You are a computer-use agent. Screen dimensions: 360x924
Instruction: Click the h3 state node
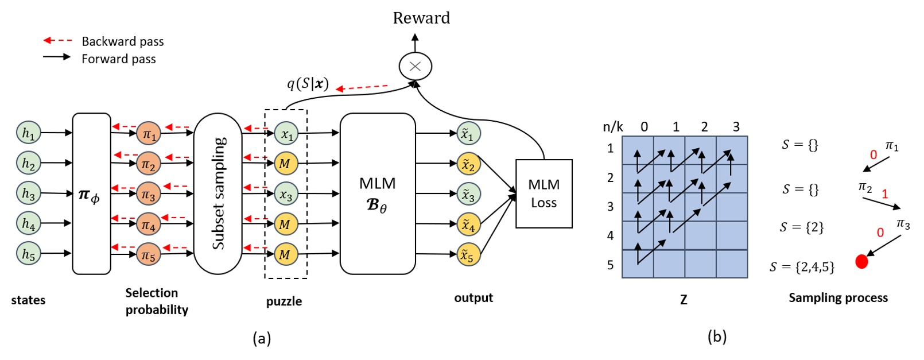28,193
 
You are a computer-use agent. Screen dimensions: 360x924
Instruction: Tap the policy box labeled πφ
91,193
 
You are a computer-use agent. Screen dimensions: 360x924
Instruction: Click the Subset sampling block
218,193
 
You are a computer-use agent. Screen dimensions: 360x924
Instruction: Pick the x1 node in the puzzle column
286,134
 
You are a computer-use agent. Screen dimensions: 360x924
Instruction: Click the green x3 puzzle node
286,194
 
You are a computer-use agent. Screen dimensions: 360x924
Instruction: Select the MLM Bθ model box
377,193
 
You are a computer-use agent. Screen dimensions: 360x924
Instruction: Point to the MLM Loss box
543,193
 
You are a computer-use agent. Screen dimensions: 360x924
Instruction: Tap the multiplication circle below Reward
415,66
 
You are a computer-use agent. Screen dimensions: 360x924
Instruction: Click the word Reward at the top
421,18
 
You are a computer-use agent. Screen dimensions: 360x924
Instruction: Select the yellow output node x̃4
468,224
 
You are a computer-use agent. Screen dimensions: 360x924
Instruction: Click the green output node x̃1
468,134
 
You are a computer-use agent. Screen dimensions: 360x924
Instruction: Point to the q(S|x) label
308,84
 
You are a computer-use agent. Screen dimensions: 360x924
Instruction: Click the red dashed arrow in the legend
57,41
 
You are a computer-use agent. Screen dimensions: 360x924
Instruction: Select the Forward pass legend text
118,59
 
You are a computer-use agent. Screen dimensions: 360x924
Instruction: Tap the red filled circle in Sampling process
861,262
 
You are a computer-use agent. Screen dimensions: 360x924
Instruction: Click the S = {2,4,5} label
802,266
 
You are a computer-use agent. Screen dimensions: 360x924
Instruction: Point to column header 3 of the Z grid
736,127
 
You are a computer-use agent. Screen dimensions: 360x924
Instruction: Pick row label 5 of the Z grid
610,265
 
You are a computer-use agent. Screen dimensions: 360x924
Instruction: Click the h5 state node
28,254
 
